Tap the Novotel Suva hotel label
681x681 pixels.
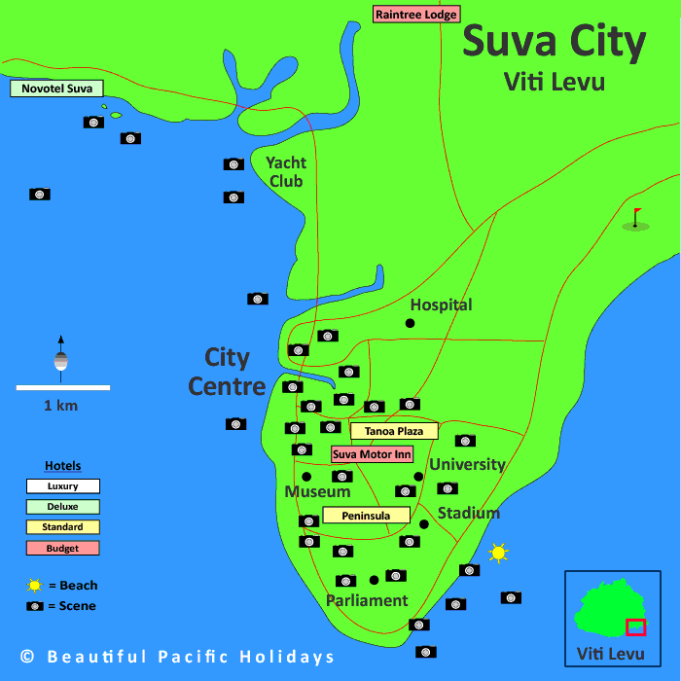click(56, 89)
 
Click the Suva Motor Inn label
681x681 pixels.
click(372, 454)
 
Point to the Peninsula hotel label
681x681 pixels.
click(366, 515)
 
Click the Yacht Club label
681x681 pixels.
click(286, 172)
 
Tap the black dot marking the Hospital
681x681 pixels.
click(410, 323)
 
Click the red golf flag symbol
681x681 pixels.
click(636, 217)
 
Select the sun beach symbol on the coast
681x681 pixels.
click(498, 553)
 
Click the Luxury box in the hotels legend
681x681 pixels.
click(62, 485)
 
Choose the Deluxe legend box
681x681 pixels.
click(62, 506)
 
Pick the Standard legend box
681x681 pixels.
click(62, 526)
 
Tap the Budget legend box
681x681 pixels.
click(62, 548)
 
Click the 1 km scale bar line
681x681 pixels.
click(62, 387)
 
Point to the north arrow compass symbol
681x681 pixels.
click(60, 356)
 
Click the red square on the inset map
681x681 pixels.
click(635, 627)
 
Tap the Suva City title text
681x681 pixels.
click(554, 43)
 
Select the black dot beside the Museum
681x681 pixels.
click(306, 477)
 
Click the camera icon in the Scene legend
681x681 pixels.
click(35, 606)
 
